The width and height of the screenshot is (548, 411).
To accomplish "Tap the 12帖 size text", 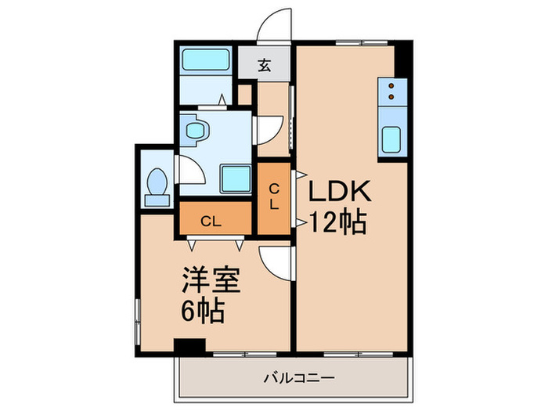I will click(x=336, y=223).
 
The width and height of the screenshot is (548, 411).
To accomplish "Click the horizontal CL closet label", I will click(x=211, y=221).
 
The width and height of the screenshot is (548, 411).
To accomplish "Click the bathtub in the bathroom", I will click(x=204, y=61).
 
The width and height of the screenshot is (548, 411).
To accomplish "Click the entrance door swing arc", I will click(x=276, y=23).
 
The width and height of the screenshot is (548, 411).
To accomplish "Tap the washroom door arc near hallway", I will click(x=269, y=129).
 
